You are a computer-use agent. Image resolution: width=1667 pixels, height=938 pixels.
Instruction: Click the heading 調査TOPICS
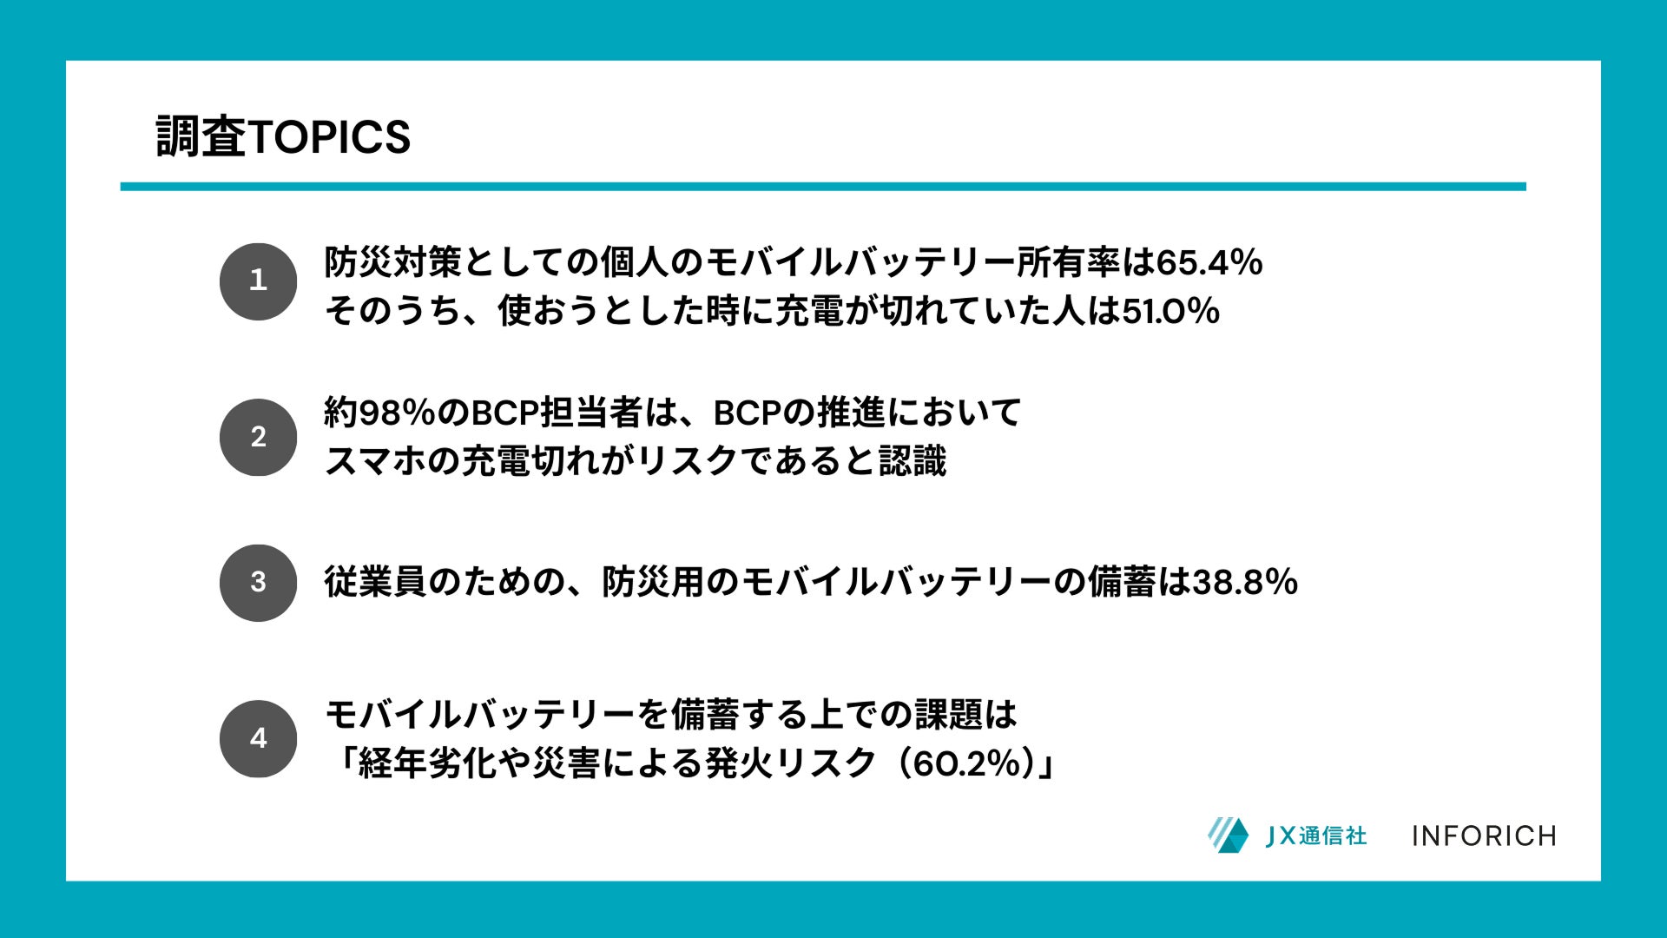pyautogui.click(x=283, y=137)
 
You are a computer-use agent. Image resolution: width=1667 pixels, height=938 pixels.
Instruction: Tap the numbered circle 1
pyautogui.click(x=258, y=281)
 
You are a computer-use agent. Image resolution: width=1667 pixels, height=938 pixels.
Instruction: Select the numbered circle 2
pyautogui.click(x=258, y=437)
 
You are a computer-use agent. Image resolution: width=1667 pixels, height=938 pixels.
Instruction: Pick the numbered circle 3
pyautogui.click(x=258, y=583)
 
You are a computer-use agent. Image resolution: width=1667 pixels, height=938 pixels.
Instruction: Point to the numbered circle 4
pyautogui.click(x=258, y=738)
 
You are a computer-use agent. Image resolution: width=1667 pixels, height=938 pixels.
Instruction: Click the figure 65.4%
pyautogui.click(x=1209, y=262)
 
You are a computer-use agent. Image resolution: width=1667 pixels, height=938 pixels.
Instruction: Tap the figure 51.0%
pyautogui.click(x=1171, y=311)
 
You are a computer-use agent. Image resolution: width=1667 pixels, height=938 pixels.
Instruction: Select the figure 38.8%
pyautogui.click(x=1245, y=582)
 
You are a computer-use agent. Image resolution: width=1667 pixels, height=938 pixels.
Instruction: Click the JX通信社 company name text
pyautogui.click(x=1316, y=836)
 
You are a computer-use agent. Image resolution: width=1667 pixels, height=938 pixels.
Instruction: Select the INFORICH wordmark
pyautogui.click(x=1484, y=836)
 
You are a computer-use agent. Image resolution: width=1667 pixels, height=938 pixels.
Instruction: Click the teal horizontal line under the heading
pyautogui.click(x=823, y=187)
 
